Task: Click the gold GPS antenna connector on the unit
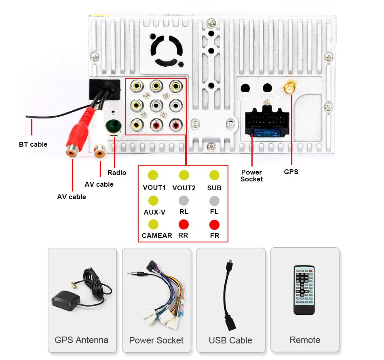pyautogui.click(x=290, y=87)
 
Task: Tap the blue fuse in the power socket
pyautogui.click(x=266, y=133)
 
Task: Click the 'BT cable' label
pyautogui.click(x=33, y=144)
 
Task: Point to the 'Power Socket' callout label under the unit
pyautogui.click(x=251, y=175)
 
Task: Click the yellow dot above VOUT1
pyautogui.click(x=153, y=175)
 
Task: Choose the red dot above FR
pyautogui.click(x=214, y=225)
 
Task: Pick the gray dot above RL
pyautogui.click(x=184, y=201)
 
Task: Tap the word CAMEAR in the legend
pyautogui.click(x=157, y=236)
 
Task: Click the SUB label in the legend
pyautogui.click(x=214, y=188)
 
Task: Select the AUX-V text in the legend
pyautogui.click(x=154, y=212)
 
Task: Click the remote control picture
pyautogui.click(x=304, y=290)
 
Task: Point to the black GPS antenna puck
pyautogui.click(x=65, y=301)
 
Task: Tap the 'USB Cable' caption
pyautogui.click(x=230, y=340)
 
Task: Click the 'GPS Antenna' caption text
pyautogui.click(x=82, y=340)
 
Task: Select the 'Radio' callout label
pyautogui.click(x=117, y=173)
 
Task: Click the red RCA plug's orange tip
pyautogui.click(x=72, y=151)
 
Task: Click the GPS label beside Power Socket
pyautogui.click(x=291, y=172)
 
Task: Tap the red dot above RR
pyautogui.click(x=184, y=224)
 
